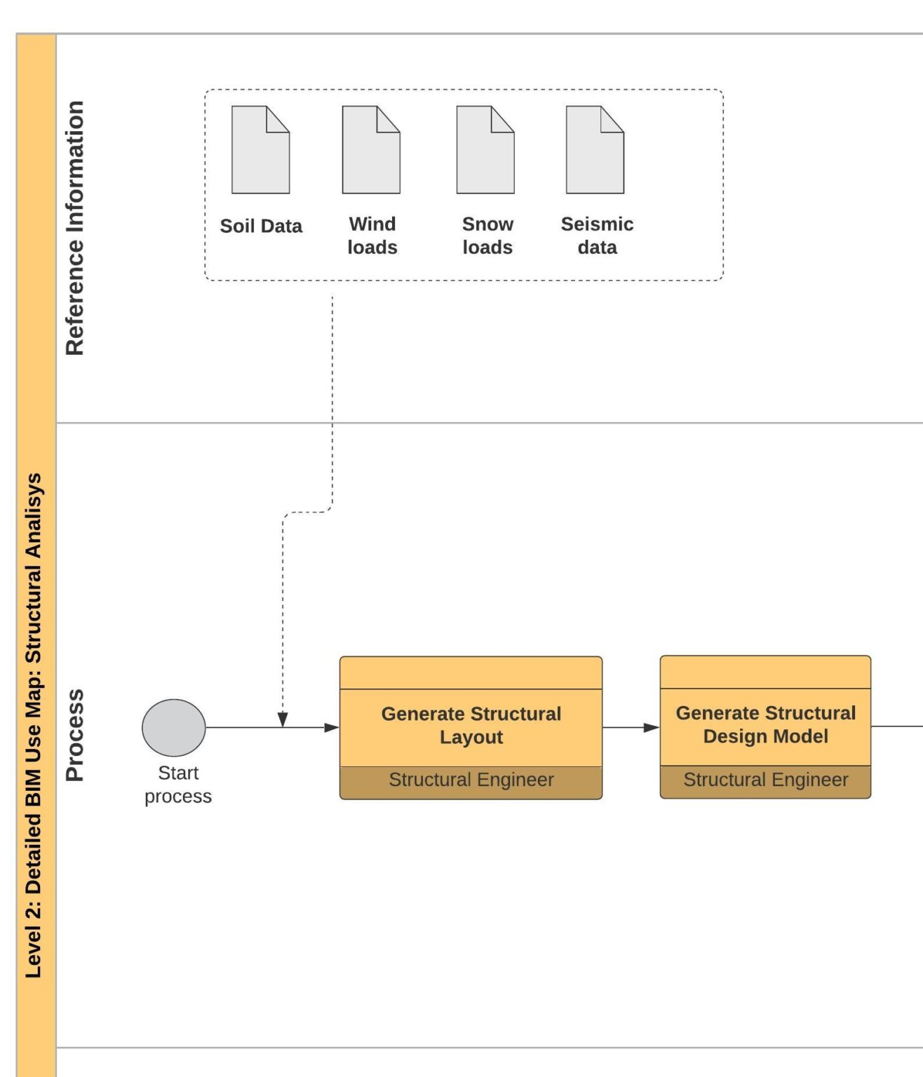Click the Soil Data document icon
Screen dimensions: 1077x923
point(260,150)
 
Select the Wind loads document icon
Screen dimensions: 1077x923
point(371,150)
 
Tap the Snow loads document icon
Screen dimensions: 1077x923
point(485,150)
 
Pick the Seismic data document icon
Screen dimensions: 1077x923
point(595,150)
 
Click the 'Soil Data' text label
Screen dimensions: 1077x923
point(261,226)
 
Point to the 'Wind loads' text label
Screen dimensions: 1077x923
point(372,236)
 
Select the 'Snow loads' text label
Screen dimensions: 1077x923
point(487,236)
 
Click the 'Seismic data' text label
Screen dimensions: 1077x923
point(597,236)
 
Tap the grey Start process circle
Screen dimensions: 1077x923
point(174,727)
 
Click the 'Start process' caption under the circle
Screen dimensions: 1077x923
point(178,784)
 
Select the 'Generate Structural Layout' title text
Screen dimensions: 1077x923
point(471,725)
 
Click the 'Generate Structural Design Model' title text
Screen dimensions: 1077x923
point(765,724)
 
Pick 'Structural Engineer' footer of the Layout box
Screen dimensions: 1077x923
point(471,780)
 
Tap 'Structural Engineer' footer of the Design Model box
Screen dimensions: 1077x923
point(765,780)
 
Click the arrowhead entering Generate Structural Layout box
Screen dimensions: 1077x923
point(332,727)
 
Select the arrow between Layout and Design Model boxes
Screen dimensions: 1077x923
point(631,727)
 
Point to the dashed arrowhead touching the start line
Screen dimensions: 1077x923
point(283,719)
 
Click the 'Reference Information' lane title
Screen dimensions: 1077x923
point(75,228)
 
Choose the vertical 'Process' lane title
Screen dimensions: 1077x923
point(75,735)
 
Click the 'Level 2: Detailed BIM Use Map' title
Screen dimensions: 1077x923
point(34,725)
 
